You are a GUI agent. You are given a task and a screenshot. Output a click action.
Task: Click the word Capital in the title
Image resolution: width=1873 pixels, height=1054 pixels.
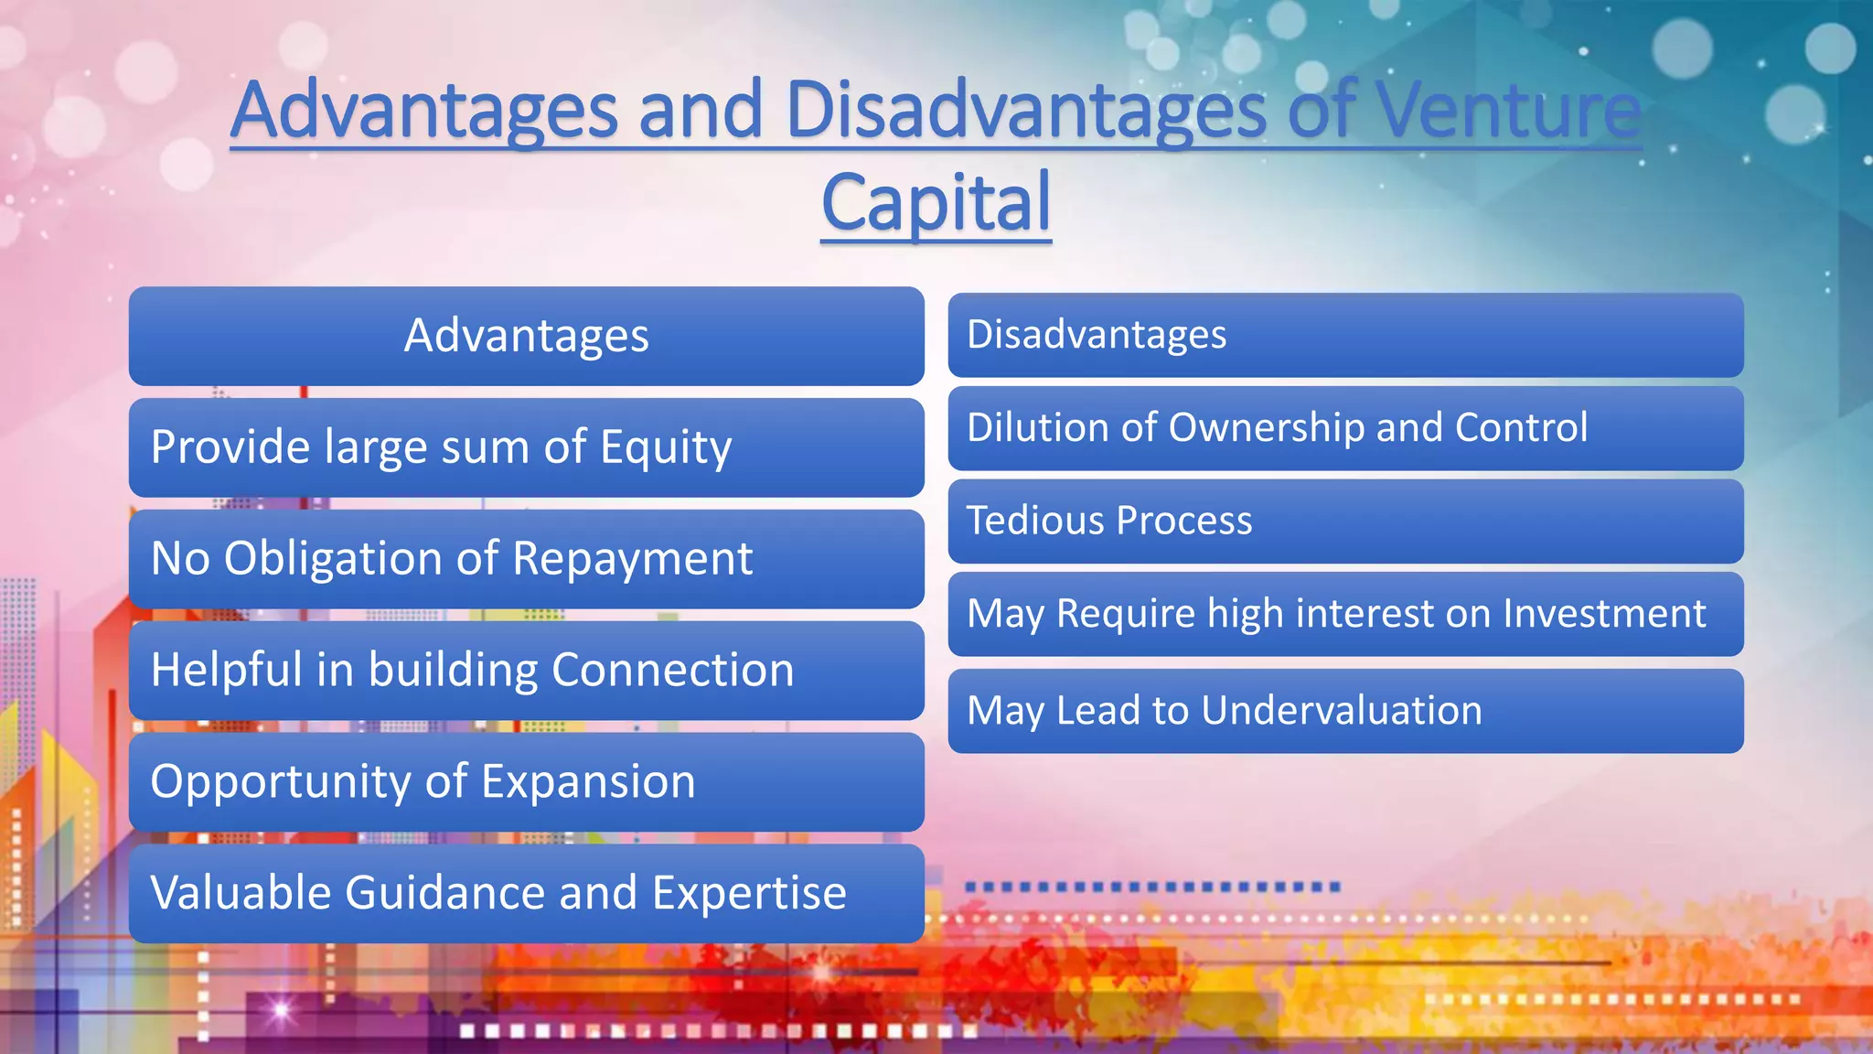point(936,203)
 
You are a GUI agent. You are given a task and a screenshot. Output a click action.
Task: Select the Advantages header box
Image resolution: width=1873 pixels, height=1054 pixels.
point(526,336)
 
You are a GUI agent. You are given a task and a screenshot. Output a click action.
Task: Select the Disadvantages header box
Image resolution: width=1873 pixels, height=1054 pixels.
point(1345,335)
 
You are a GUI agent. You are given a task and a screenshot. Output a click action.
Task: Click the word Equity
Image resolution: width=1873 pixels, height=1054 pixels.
point(666,447)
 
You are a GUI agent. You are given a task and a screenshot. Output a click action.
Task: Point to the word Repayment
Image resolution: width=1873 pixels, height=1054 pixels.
point(632,558)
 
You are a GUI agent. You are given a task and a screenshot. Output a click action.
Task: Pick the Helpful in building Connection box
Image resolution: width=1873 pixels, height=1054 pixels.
point(526,670)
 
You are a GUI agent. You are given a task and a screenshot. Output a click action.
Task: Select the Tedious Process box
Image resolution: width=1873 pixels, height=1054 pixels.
point(1345,521)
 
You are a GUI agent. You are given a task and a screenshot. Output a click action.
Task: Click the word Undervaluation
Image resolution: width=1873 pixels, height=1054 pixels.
point(1341,710)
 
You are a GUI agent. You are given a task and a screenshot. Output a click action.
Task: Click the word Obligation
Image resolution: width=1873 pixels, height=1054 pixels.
point(333,558)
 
